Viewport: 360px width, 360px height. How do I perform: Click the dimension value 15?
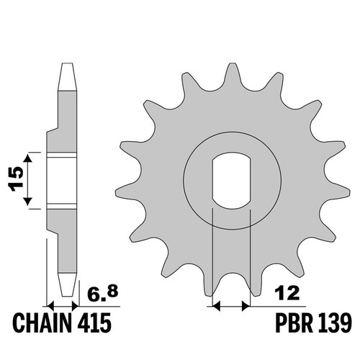(16, 179)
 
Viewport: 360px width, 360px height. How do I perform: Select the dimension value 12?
(287, 293)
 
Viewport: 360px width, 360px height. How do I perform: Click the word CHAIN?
(43, 323)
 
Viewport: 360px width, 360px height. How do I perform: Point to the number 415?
(94, 323)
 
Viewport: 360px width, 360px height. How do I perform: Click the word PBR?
(294, 323)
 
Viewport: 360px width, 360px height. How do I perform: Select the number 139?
(334, 323)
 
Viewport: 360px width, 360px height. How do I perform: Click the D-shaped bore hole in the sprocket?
(232, 180)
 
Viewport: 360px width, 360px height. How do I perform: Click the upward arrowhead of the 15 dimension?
(28, 159)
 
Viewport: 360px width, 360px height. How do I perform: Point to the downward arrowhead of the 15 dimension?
(28, 200)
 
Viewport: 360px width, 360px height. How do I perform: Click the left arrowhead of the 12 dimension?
(216, 306)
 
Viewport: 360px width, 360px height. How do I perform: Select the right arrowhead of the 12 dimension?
(246, 306)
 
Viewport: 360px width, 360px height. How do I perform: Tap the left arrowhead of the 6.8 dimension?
(50, 306)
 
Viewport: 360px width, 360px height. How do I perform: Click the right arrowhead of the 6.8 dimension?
(75, 306)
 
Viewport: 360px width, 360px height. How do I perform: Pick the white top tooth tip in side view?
(68, 77)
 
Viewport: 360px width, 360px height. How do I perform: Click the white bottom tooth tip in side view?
(68, 284)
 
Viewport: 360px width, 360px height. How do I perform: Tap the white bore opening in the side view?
(62, 181)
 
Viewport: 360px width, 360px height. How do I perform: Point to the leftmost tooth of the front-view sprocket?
(127, 192)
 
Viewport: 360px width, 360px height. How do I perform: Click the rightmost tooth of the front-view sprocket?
(337, 192)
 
